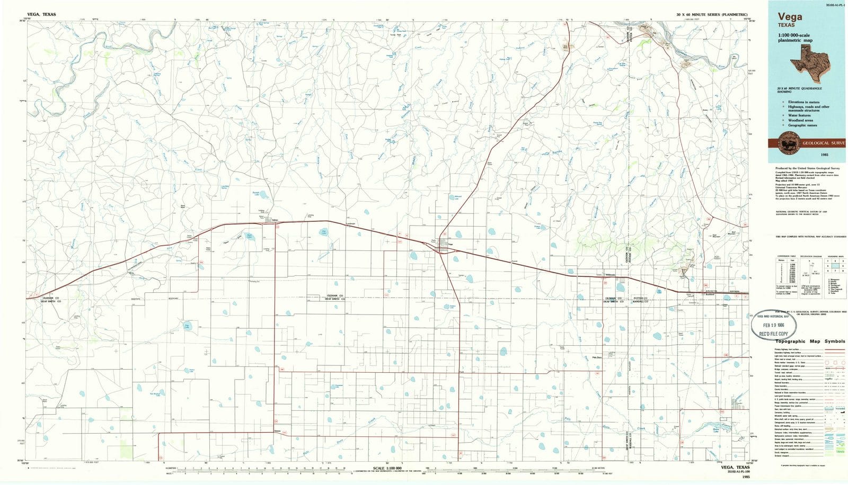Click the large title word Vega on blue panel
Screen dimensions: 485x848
click(790, 17)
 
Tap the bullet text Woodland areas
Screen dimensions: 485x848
click(800, 120)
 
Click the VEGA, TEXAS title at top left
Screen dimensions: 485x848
click(41, 15)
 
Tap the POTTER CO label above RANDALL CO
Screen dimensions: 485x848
click(640, 298)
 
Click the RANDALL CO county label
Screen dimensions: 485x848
click(640, 301)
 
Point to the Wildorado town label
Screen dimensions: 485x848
click(610, 274)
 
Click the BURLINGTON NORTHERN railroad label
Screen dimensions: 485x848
click(715, 291)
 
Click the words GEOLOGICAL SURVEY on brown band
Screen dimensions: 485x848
click(823, 143)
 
